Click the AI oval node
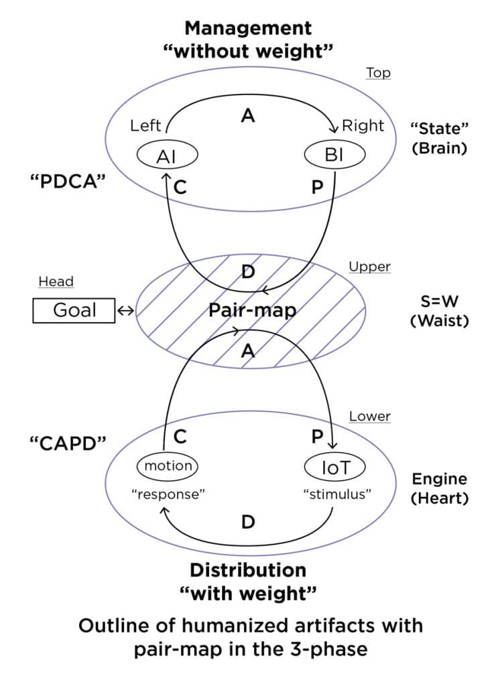166,156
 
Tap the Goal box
74,310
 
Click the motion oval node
168,466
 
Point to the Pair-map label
247,311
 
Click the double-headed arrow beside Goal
125,310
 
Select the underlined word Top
378,73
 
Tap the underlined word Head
56,281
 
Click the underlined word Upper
369,267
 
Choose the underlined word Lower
369,416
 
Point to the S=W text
439,302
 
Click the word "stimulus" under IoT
337,494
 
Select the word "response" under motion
168,494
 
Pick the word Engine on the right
439,479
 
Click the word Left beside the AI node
145,125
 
